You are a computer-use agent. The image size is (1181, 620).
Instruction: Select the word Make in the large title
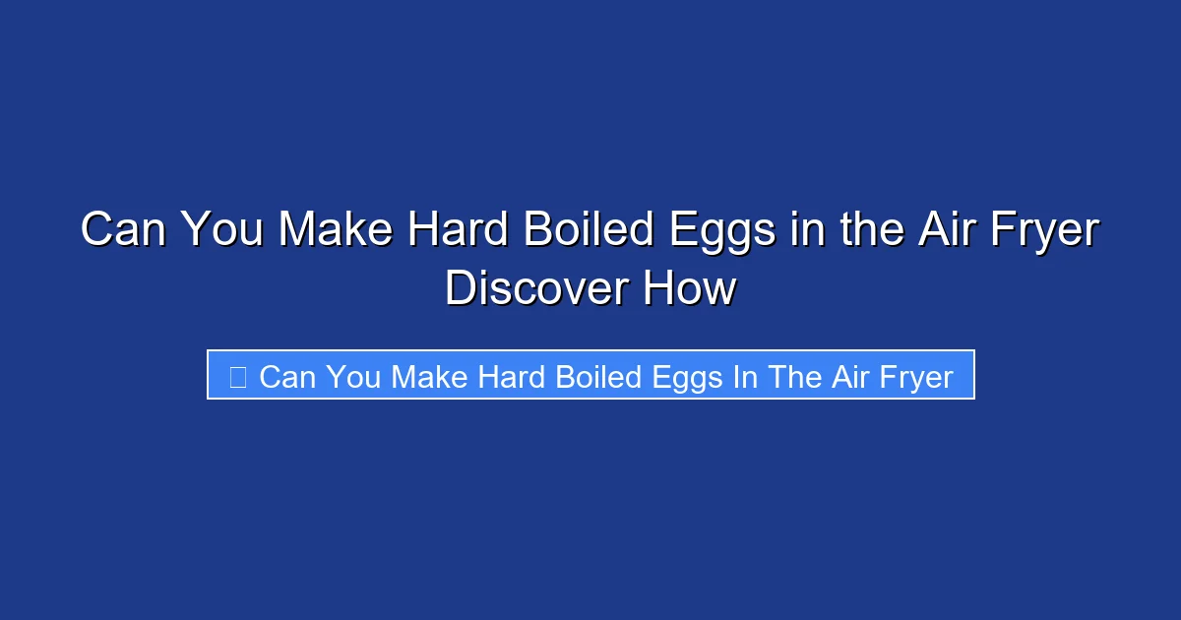pyautogui.click(x=333, y=230)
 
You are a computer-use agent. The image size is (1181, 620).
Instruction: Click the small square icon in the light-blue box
pyautogui.click(x=237, y=376)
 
